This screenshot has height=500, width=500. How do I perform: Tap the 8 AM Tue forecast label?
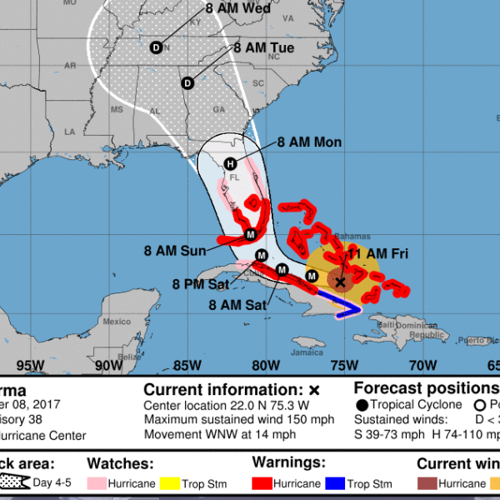[x=263, y=48]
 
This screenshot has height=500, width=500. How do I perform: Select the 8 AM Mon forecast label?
[x=309, y=142]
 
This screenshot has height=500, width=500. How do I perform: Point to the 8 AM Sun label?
[x=174, y=249]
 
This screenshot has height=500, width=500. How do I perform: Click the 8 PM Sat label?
[x=201, y=285]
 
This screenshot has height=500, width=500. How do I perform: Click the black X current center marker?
[x=340, y=282]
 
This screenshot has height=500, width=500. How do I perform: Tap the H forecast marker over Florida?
[x=229, y=164]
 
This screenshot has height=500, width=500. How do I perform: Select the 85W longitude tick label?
[x=187, y=364]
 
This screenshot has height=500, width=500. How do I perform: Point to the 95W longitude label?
[x=30, y=364]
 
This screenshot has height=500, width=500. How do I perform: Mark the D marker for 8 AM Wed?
[x=156, y=47]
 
